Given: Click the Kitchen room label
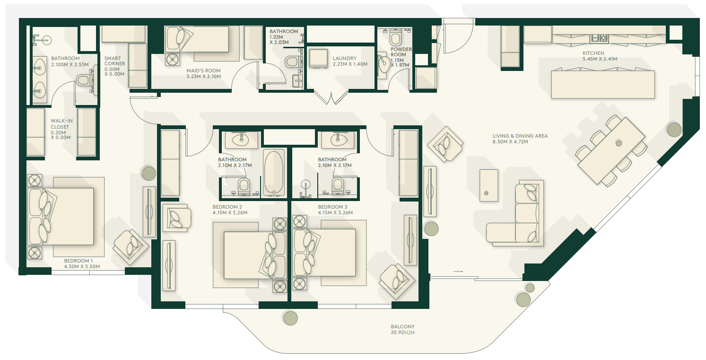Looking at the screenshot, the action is (600, 56).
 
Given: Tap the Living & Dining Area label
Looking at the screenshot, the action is (520, 139).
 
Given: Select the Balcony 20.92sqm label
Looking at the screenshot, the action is (402, 329).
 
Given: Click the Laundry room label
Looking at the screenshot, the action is (350, 61).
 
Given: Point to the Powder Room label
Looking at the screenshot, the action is (401, 57).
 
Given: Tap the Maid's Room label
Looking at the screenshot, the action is (204, 73).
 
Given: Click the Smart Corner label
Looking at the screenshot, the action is (114, 66).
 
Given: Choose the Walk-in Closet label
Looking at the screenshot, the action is (61, 129).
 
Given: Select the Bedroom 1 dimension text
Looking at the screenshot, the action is (82, 266).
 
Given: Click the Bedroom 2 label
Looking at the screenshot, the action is (230, 210).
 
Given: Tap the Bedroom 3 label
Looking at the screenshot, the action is (335, 210).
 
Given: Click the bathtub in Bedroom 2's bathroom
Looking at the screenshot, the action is (274, 173).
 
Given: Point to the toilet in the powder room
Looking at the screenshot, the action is (395, 38).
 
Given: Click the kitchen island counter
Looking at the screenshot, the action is (602, 85).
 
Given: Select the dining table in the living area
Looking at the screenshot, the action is (611, 151).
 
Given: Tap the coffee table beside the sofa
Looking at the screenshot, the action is (488, 185).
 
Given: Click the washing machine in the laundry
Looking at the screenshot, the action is (318, 59).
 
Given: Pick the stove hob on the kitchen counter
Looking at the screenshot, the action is (599, 38).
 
